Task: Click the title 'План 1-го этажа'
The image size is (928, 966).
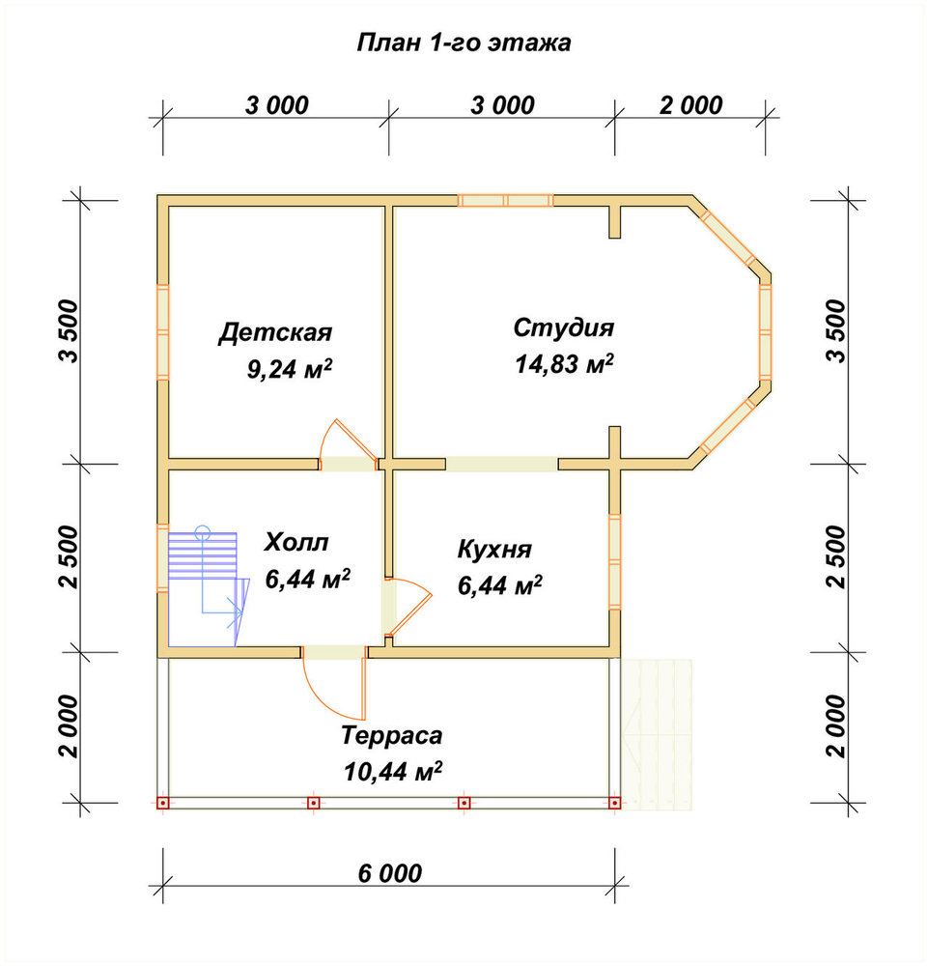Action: pyautogui.click(x=464, y=43)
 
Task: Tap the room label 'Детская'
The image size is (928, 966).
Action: pyautogui.click(x=275, y=332)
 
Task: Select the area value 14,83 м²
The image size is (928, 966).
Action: pyautogui.click(x=564, y=363)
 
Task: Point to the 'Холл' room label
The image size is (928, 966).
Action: pyautogui.click(x=296, y=542)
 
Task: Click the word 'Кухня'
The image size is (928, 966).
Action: pyautogui.click(x=494, y=550)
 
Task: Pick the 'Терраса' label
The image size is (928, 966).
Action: pyautogui.click(x=392, y=735)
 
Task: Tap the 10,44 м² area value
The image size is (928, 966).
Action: pyautogui.click(x=393, y=771)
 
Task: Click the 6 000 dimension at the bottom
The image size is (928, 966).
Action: pyautogui.click(x=390, y=873)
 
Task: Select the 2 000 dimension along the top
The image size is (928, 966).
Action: pyautogui.click(x=690, y=105)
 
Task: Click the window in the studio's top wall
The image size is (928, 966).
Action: pyautogui.click(x=506, y=200)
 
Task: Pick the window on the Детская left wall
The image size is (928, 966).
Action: pyautogui.click(x=162, y=332)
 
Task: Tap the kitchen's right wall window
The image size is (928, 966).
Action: pyautogui.click(x=614, y=561)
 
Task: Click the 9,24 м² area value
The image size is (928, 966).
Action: pyautogui.click(x=290, y=370)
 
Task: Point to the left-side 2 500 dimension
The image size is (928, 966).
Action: pyautogui.click(x=69, y=557)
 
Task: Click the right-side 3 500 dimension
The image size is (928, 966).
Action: pyautogui.click(x=837, y=331)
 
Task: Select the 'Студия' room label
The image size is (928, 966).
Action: pyautogui.click(x=563, y=327)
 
